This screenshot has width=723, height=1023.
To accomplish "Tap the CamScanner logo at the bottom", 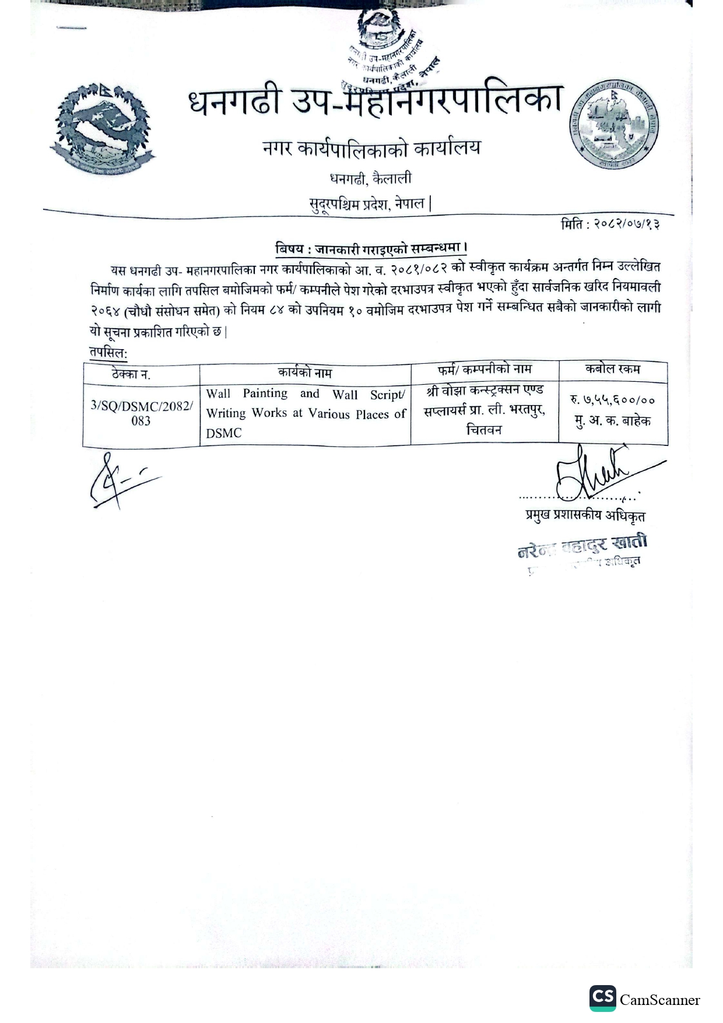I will point(644,1000).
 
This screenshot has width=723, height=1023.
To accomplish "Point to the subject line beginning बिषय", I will point(371,248).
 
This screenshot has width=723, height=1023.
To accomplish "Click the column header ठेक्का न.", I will point(131,374).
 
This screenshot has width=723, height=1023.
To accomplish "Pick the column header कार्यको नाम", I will point(305,372).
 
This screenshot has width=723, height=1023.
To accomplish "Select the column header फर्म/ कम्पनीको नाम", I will point(485,370).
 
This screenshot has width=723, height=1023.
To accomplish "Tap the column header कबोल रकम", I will point(612,369).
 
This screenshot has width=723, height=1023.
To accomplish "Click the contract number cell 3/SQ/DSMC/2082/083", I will point(141,413).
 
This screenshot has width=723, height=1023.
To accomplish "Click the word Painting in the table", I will point(265,393).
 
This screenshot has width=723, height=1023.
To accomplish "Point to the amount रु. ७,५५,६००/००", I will point(612,400).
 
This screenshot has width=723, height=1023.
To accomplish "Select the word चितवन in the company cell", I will point(484,430).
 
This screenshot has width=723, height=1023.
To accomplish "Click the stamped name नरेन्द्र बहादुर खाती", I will point(582,547).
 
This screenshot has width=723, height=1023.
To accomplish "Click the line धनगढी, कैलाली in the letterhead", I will point(371,178).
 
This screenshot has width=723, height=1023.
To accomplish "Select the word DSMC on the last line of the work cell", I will point(223,433).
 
